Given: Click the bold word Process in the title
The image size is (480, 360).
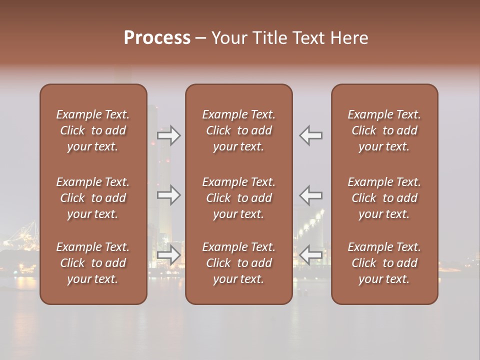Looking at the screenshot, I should (157, 38).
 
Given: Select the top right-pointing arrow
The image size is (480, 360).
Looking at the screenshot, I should (169, 135).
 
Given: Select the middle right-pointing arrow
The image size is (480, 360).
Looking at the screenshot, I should (169, 195).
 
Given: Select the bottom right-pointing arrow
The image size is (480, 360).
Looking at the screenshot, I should (169, 255).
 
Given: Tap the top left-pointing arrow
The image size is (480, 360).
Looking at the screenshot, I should (311, 135).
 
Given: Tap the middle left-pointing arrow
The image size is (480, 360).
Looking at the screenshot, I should (311, 195).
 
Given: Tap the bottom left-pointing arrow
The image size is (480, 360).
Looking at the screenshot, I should (311, 255).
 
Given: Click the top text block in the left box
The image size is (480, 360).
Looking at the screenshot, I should (93, 130).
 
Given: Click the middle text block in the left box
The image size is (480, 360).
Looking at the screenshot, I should (93, 198).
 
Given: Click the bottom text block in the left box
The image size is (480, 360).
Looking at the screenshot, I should (93, 263).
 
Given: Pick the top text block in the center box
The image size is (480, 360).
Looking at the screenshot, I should (239, 130).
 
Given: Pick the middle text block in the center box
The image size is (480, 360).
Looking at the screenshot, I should (239, 198).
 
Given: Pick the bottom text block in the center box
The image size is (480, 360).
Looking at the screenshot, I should (239, 263).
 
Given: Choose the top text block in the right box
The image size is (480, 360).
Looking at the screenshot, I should (384, 130).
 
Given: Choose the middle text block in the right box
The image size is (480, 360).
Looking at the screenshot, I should (384, 198).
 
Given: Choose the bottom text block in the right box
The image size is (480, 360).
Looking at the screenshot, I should (384, 263).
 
